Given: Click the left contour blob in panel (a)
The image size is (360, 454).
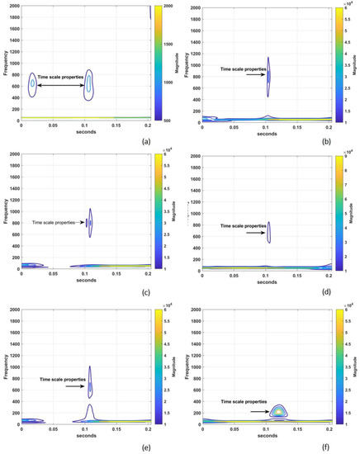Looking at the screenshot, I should coord(33,84).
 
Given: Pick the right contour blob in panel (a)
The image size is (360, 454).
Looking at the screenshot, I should coord(89,85).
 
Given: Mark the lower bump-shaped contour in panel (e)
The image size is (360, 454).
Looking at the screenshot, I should coord(91,412).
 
